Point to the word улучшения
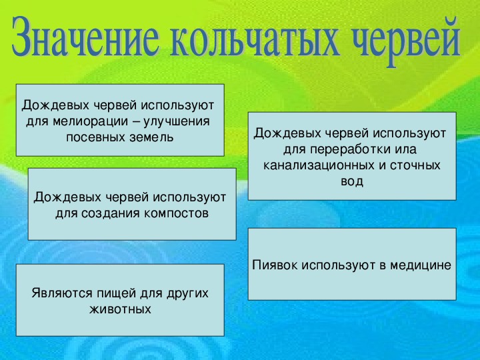(177, 121)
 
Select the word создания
(111, 213)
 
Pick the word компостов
(176, 213)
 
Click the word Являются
(61, 293)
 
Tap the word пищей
(117, 294)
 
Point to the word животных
(120, 309)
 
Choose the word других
(187, 294)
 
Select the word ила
(407, 150)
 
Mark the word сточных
(415, 165)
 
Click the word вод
(352, 181)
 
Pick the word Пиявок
(275, 265)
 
